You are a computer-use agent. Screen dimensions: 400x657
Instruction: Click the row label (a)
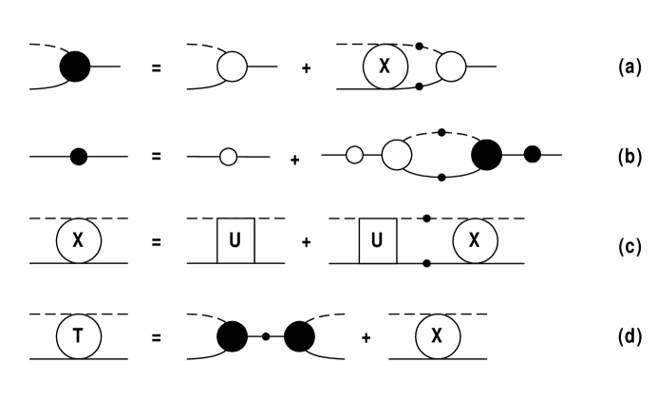click(627, 67)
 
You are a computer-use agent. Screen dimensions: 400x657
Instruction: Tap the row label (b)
click(627, 154)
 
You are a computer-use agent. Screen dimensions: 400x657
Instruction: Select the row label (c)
click(627, 241)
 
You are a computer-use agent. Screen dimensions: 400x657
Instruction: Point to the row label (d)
click(627, 335)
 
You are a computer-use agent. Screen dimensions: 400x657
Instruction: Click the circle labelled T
click(79, 335)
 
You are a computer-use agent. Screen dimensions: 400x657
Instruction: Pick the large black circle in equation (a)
click(75, 67)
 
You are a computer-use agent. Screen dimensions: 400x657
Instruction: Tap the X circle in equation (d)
click(437, 335)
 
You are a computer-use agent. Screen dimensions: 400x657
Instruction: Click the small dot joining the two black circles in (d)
click(265, 335)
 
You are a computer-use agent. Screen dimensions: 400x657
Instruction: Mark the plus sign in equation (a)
click(306, 67)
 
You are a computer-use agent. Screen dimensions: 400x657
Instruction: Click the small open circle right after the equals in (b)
click(227, 156)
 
